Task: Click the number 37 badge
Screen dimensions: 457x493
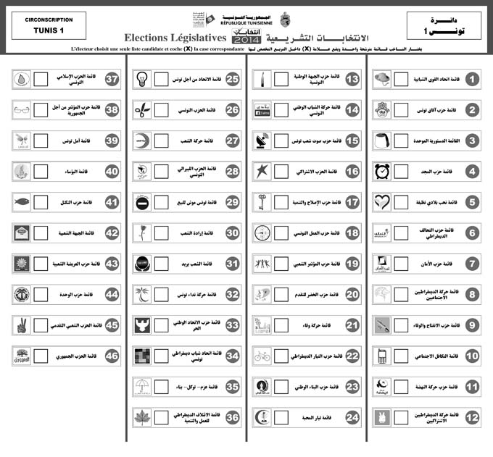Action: pos(112,78)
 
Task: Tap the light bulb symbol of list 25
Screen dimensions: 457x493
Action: pos(143,78)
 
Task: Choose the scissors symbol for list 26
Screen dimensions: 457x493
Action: pos(143,109)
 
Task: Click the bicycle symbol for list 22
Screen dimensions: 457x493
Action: pos(262,356)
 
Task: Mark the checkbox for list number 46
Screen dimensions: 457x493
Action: pos(42,356)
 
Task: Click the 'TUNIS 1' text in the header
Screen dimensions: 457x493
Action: pos(49,31)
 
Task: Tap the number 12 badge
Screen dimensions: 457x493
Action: pos(472,417)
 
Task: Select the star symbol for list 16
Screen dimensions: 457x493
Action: pos(262,172)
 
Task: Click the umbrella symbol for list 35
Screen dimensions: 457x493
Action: pos(143,386)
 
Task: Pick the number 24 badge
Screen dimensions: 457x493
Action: pos(352,417)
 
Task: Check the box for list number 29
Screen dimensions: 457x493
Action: pos(162,202)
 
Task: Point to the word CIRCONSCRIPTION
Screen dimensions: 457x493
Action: pos(49,20)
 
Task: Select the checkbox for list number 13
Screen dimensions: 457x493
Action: pos(281,78)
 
